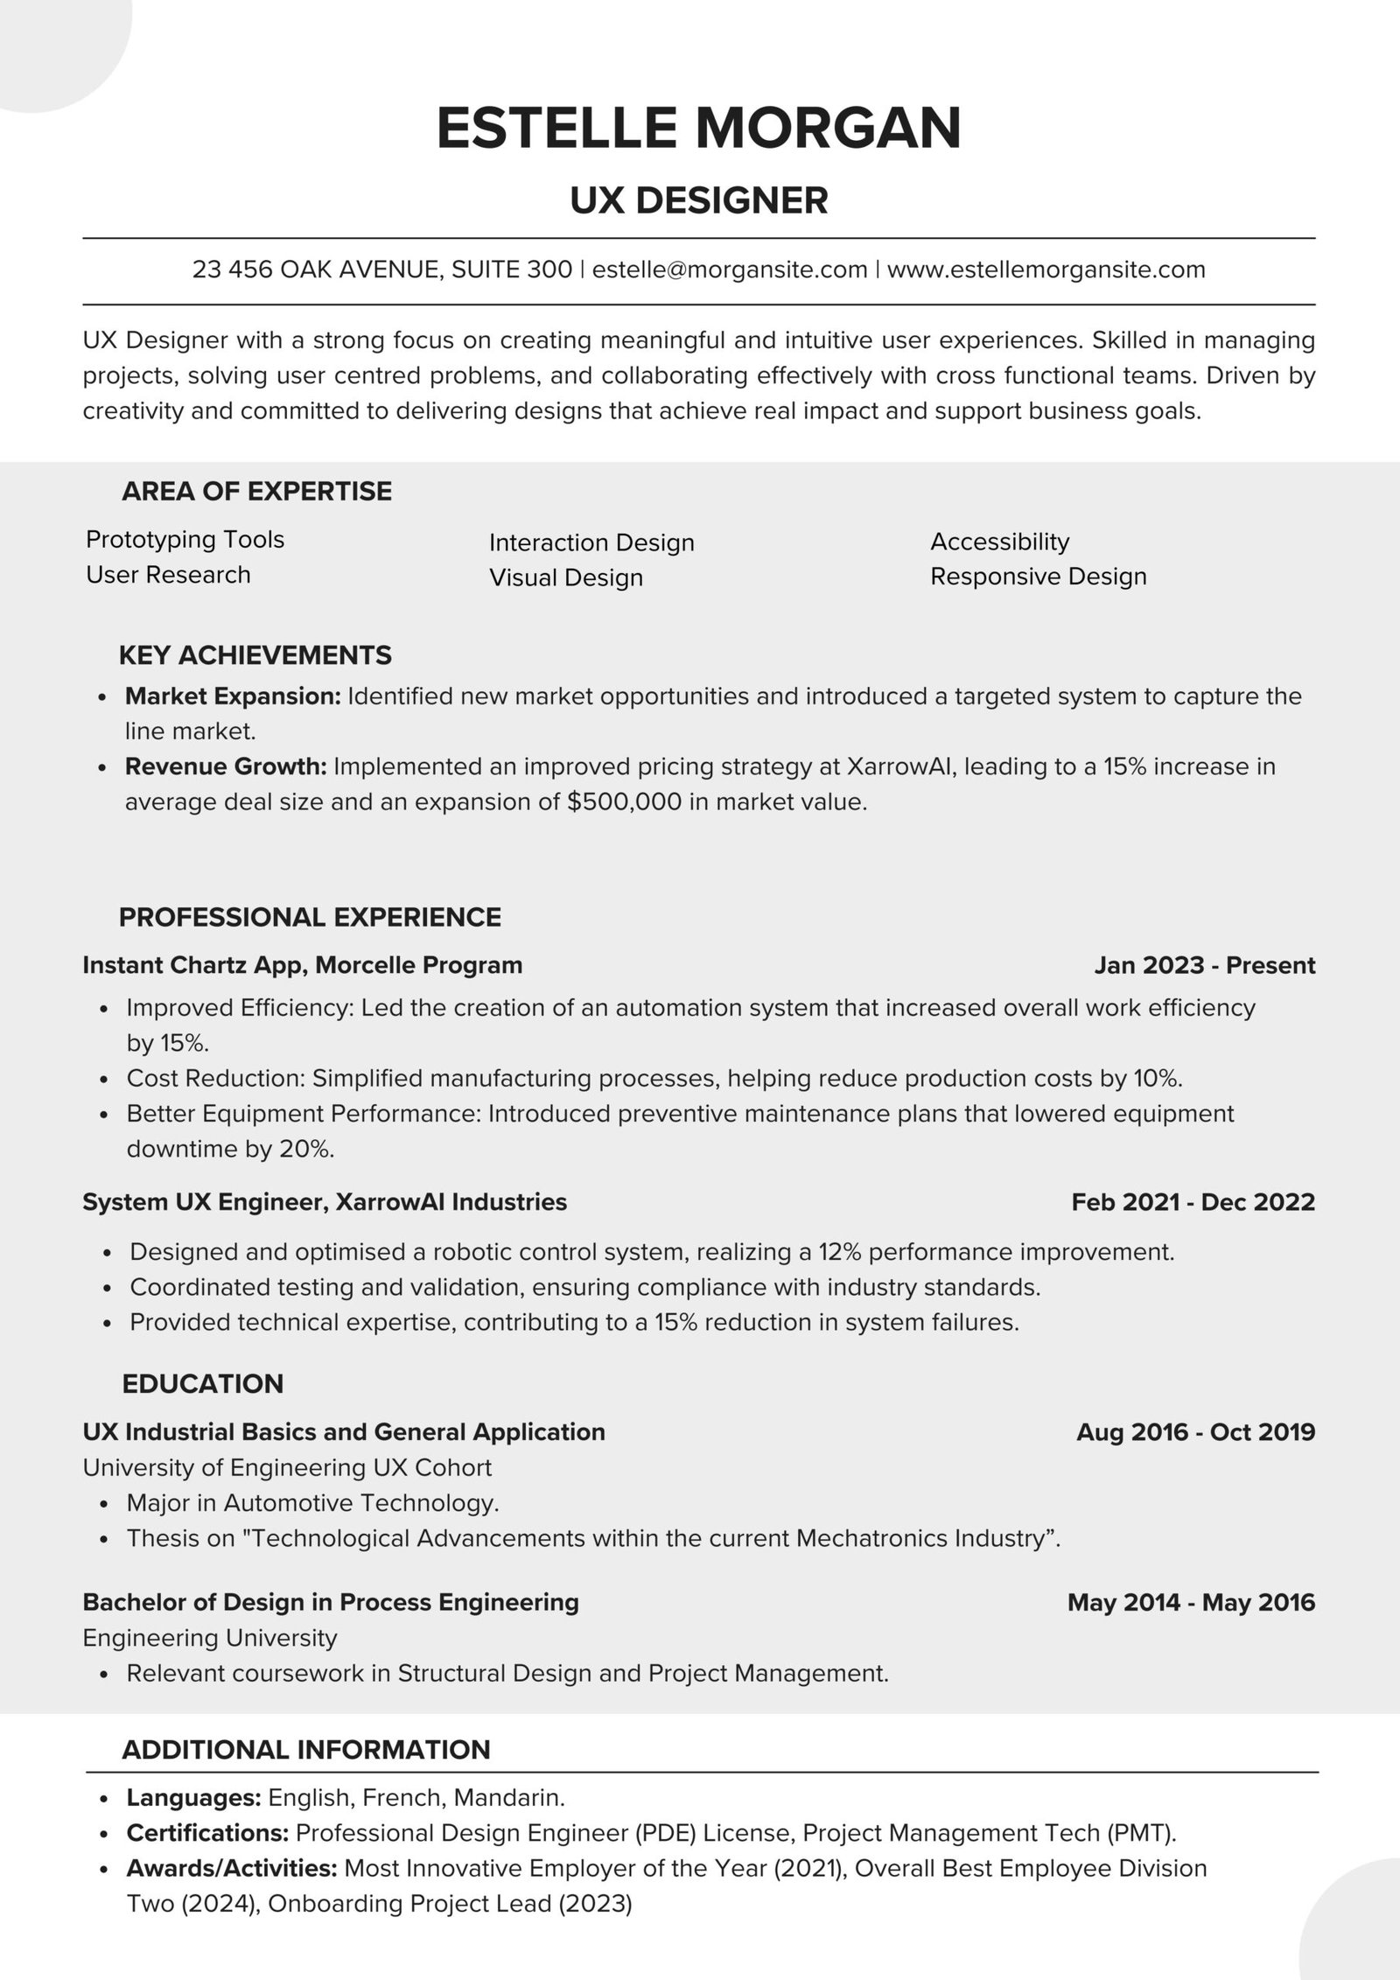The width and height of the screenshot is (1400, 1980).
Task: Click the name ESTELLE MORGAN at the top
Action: [x=699, y=128]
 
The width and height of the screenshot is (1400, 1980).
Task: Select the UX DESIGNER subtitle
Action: [x=699, y=200]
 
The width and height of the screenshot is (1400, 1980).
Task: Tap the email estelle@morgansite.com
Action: [x=730, y=269]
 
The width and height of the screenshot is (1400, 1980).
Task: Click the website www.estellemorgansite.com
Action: [x=1046, y=269]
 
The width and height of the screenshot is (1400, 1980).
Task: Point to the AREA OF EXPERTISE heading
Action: [x=256, y=491]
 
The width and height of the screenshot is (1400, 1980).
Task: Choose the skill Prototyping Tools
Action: [x=185, y=539]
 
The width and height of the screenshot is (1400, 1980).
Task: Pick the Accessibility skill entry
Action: [x=999, y=542]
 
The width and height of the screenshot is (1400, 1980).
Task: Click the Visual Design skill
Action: [x=565, y=577]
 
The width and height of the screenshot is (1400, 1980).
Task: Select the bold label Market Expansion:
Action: [x=233, y=696]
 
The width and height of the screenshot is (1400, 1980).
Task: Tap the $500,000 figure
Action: [x=624, y=801]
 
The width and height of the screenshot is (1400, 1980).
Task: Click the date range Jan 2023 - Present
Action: [x=1204, y=965]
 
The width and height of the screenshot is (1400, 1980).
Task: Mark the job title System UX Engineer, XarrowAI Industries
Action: [x=325, y=1201]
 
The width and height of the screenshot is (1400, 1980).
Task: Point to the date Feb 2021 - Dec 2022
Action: [x=1193, y=1201]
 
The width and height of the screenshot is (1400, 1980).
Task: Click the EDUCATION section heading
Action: [x=202, y=1383]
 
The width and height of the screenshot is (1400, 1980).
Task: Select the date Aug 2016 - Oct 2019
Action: [x=1195, y=1431]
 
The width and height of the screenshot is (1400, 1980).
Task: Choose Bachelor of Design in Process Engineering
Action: [x=331, y=1602]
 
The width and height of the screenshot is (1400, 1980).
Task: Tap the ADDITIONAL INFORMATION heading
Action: [x=306, y=1749]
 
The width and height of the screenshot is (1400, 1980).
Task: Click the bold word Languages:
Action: [x=194, y=1797]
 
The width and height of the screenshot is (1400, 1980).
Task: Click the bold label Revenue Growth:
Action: [x=226, y=766]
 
